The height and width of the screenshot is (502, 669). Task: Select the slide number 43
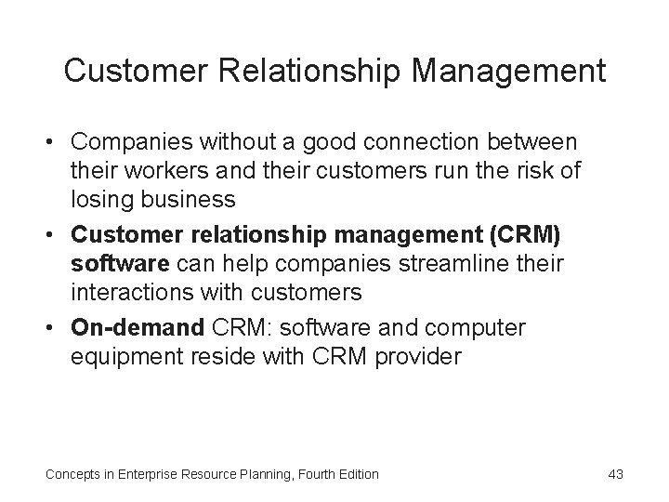(x=615, y=474)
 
